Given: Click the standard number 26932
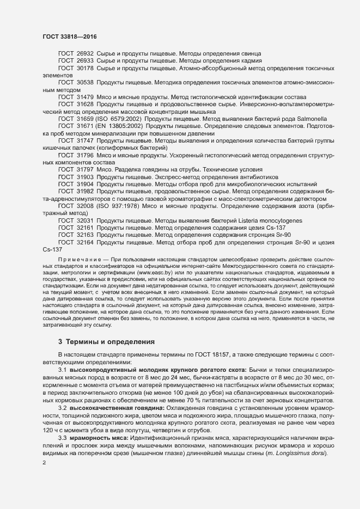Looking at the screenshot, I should point(85,53).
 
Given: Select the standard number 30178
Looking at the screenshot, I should point(85,68).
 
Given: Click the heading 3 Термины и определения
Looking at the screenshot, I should point(106,342).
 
